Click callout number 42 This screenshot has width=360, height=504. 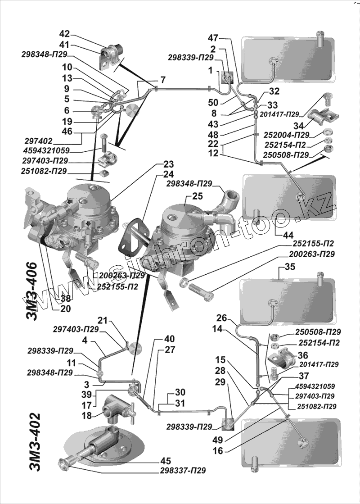[x=65, y=33]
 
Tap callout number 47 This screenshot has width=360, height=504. [x=213, y=37]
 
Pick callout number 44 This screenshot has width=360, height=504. [x=288, y=235]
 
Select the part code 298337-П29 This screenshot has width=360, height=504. [x=183, y=471]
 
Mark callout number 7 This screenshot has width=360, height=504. [x=163, y=80]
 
